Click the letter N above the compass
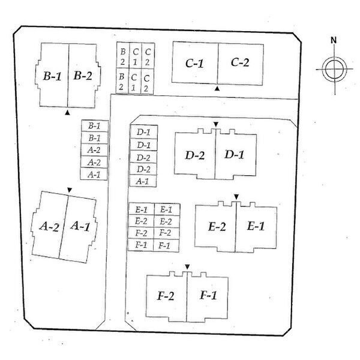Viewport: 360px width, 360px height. pyautogui.click(x=334, y=40)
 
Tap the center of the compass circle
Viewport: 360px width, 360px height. pyautogui.click(x=335, y=69)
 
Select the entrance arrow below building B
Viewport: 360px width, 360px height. pyautogui.click(x=67, y=113)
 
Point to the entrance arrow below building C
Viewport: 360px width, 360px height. pyautogui.click(x=217, y=88)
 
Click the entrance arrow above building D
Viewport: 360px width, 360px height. pyautogui.click(x=216, y=124)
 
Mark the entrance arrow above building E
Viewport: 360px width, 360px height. pyautogui.click(x=236, y=197)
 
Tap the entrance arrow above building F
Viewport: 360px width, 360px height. pyautogui.click(x=187, y=267)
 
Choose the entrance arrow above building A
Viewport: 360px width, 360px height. pyautogui.click(x=70, y=190)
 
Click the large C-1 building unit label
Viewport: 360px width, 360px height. pyautogui.click(x=194, y=64)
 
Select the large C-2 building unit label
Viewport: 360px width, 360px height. pyautogui.click(x=240, y=62)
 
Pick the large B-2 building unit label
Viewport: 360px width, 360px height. pyautogui.click(x=83, y=76)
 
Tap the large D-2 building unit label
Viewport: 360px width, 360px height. pyautogui.click(x=194, y=155)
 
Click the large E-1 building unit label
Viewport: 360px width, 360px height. pyautogui.click(x=256, y=226)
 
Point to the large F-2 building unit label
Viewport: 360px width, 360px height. pyautogui.click(x=166, y=296)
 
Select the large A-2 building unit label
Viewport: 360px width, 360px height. pyautogui.click(x=49, y=226)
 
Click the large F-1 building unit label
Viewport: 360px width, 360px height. pyautogui.click(x=208, y=295)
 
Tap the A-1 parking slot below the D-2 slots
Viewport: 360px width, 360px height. pyautogui.click(x=143, y=181)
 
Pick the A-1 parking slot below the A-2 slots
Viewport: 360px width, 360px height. pyautogui.click(x=94, y=174)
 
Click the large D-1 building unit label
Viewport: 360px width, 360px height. pyautogui.click(x=234, y=154)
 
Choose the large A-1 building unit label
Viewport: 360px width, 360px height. pyautogui.click(x=80, y=226)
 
